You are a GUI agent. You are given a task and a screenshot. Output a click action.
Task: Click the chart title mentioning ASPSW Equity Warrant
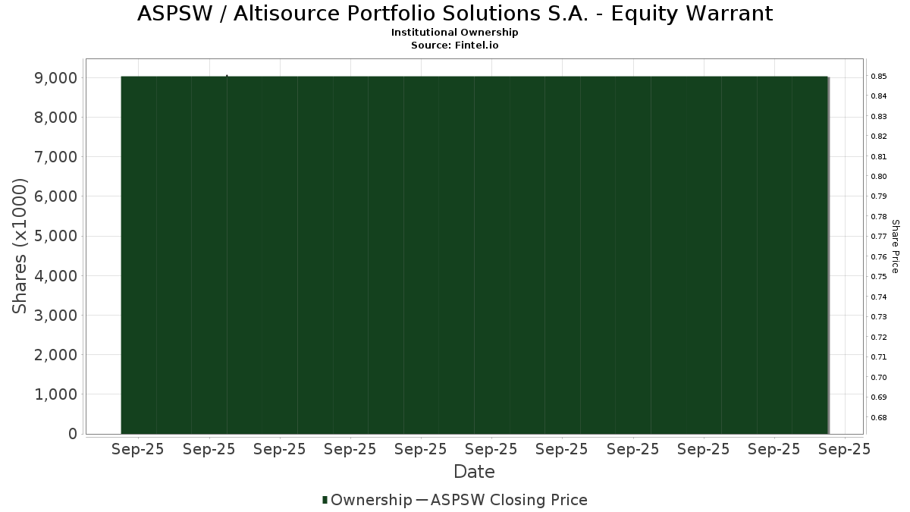coord(455,14)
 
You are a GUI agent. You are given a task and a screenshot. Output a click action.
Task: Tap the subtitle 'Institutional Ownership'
coord(454,33)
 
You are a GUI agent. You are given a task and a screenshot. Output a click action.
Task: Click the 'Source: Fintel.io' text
coord(454,45)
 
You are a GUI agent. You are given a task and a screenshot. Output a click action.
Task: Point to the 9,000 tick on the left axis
coord(56,78)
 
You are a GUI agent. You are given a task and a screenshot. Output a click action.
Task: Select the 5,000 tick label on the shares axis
coord(56,236)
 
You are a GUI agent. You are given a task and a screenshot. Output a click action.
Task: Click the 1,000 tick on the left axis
coord(56,394)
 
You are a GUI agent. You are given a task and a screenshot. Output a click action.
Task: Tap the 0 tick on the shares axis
coord(73,434)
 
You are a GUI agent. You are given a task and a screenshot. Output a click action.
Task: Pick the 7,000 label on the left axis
coord(56,157)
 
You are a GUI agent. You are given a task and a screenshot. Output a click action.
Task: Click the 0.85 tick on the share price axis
coord(879,77)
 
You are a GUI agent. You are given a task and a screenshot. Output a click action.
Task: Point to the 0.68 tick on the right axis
coord(879,418)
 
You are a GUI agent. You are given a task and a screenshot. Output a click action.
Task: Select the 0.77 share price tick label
coord(879,237)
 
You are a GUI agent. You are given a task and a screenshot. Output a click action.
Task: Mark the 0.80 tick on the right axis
coord(879,176)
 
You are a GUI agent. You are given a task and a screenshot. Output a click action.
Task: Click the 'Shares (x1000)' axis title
coord(20,247)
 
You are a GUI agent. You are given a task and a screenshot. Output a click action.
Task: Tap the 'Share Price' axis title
coord(896,247)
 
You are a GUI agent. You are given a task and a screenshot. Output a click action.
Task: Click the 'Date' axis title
coord(474,472)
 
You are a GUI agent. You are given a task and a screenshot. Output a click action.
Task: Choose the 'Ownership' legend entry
coord(372,500)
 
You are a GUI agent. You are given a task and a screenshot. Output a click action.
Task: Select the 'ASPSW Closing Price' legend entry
coord(509,500)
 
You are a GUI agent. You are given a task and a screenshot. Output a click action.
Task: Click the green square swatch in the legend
coord(325,500)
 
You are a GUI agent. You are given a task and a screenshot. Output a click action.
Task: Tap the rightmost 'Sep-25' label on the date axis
coord(845,449)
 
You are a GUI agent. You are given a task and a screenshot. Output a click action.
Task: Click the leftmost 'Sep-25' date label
coord(138,449)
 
